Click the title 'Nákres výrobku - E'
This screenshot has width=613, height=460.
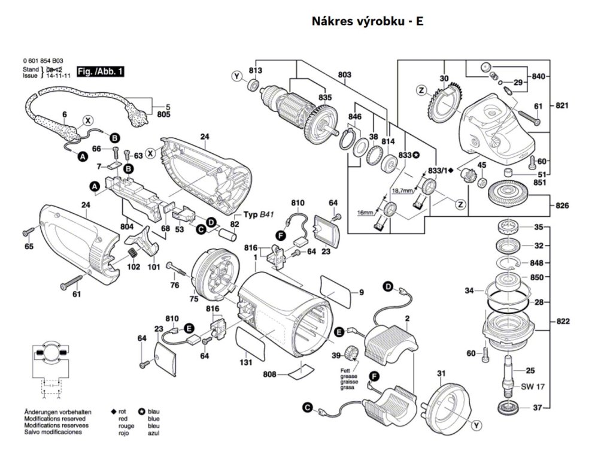(x=368, y=21)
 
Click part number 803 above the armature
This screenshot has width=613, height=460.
(x=344, y=75)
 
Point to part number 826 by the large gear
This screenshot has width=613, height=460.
(x=562, y=206)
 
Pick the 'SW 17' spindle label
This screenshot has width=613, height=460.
(x=530, y=386)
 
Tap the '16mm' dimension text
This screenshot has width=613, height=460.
(x=365, y=213)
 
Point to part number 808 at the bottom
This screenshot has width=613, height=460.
(x=270, y=374)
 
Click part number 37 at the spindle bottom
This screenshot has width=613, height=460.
(x=537, y=408)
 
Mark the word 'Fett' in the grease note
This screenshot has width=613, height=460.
(x=346, y=371)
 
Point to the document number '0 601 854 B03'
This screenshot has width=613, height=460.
(x=43, y=62)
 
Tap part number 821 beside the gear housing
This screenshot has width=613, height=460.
(x=562, y=105)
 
